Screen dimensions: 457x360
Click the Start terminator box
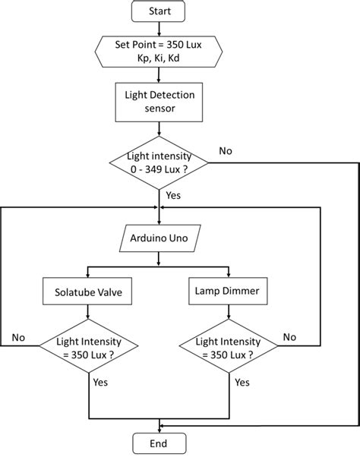159,11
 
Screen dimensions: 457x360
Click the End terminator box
159,443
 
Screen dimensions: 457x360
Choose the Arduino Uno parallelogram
159,239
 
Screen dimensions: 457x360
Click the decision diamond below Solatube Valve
90,348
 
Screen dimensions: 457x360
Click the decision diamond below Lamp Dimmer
228,348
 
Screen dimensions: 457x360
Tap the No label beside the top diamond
226,150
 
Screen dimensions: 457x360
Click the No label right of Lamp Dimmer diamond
289,336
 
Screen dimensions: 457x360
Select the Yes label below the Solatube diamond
101,383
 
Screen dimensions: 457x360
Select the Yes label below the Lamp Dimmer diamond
242,383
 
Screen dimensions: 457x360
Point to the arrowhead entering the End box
159,430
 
